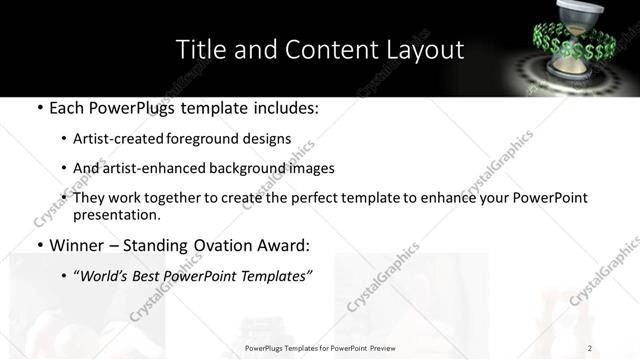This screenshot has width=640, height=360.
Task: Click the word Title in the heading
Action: click(x=198, y=49)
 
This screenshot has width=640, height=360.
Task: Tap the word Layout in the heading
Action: click(x=425, y=49)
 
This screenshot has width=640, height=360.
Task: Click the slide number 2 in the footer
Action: click(x=590, y=347)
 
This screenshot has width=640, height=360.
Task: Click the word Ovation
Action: click(x=213, y=245)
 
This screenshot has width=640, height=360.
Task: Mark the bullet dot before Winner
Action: click(x=38, y=246)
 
